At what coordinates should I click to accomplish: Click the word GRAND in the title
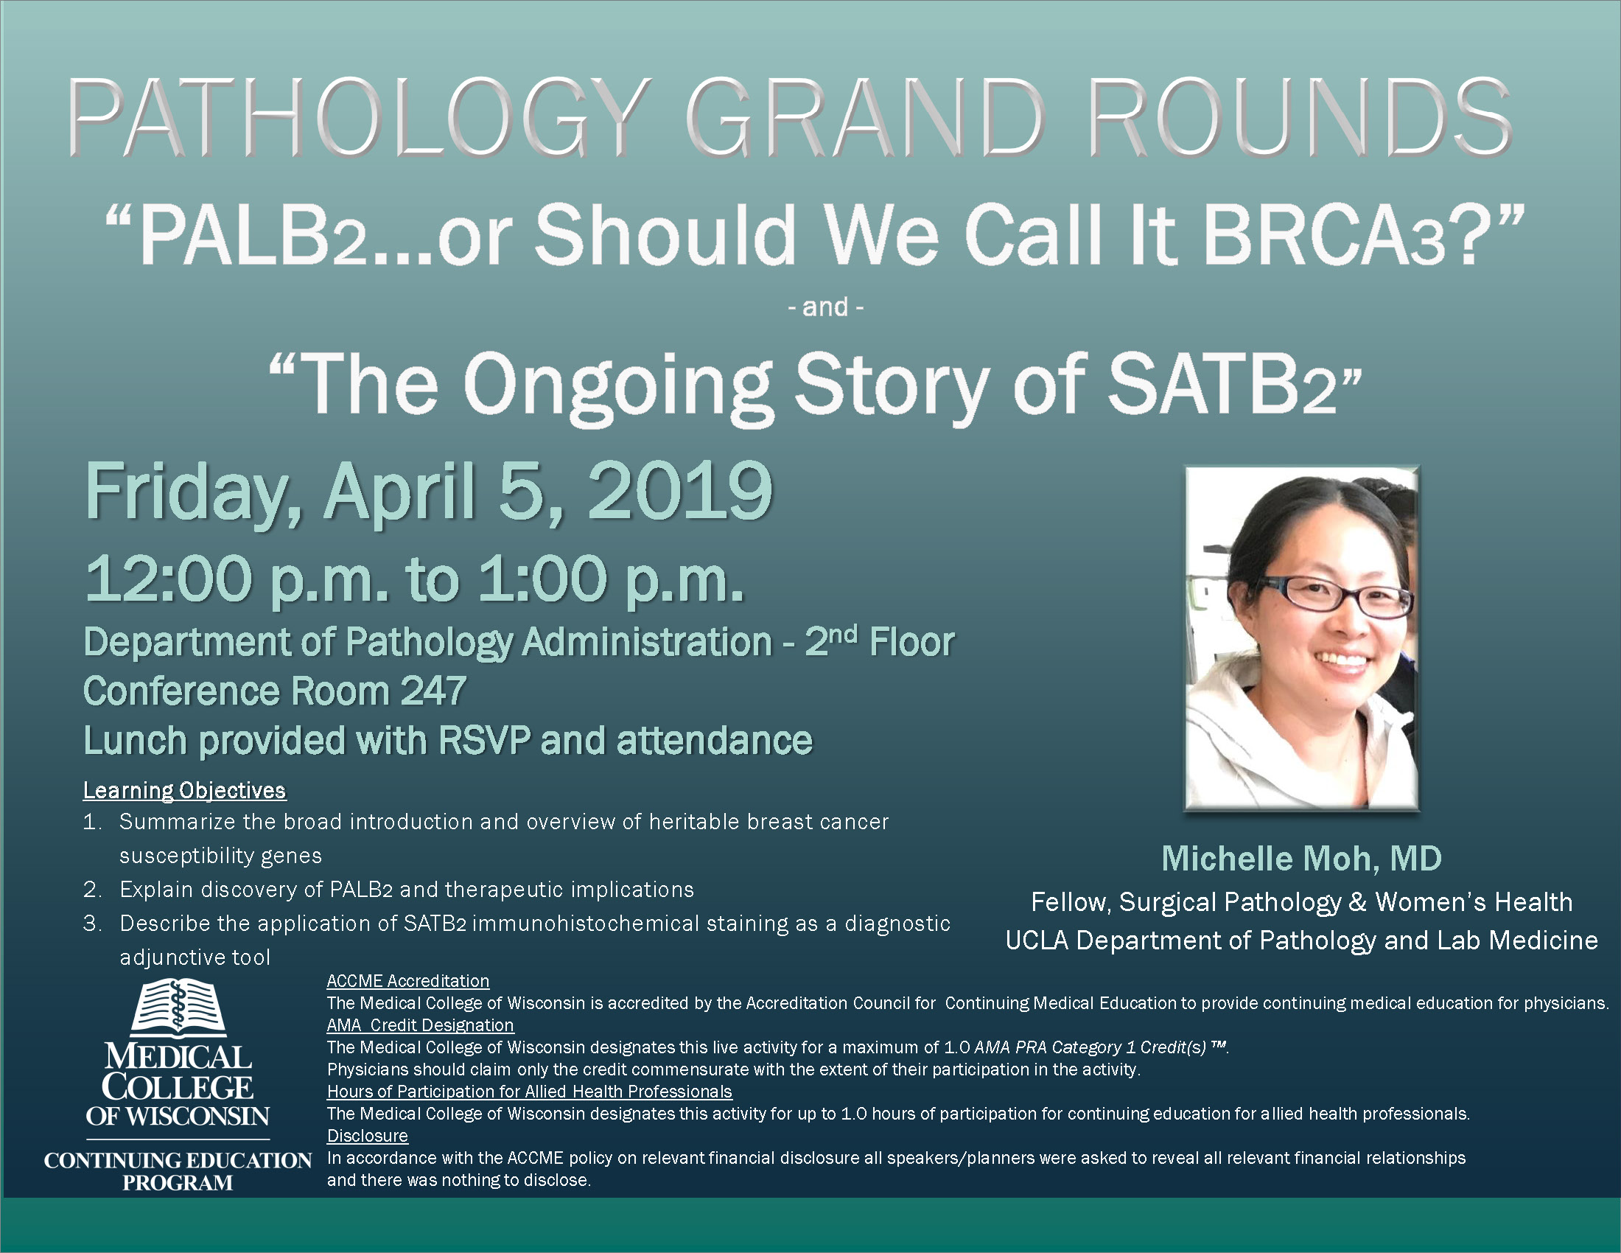pos(865,118)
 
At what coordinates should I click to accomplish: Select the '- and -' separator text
pos(825,307)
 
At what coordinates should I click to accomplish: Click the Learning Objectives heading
pos(184,791)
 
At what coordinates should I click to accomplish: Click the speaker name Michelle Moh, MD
pos(1301,859)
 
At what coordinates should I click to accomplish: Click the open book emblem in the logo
pos(178,1008)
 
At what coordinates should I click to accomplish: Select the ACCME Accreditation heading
pos(407,980)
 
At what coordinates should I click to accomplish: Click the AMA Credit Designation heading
pos(420,1025)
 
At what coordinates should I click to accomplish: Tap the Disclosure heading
pos(368,1136)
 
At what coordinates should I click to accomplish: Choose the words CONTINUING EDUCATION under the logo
pos(178,1160)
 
